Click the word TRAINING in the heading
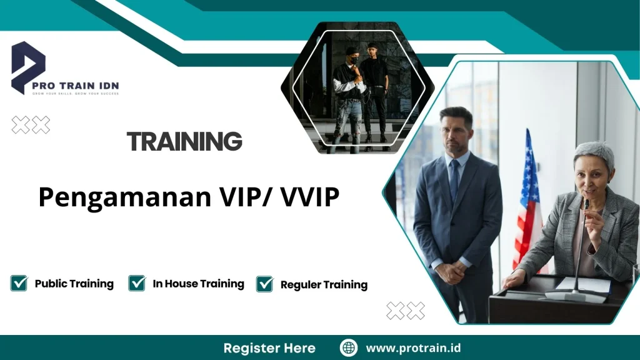(x=184, y=142)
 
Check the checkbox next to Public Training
(x=19, y=283)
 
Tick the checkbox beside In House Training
(x=137, y=283)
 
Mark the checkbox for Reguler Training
(x=265, y=284)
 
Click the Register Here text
(x=269, y=348)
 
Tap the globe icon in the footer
(x=348, y=347)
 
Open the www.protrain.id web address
(x=413, y=348)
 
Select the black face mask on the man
(x=352, y=60)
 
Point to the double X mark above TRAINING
(x=31, y=126)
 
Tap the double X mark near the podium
(x=405, y=311)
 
